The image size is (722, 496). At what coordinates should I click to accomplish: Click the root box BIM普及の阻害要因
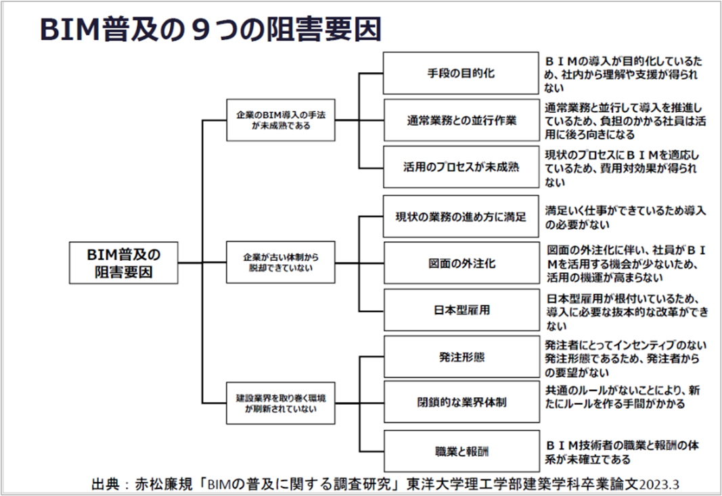pos(123,262)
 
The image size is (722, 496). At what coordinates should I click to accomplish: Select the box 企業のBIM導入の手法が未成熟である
pos(280,120)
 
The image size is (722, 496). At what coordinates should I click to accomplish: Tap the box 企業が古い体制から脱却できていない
pos(280,262)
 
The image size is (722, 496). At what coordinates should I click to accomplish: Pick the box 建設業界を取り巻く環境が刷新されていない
pos(280,403)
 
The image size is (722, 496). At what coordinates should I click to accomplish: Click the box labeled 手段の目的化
pos(461,73)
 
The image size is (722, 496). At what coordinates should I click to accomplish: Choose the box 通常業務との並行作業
pos(461,120)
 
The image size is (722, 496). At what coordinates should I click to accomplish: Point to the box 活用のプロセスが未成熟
pos(461,167)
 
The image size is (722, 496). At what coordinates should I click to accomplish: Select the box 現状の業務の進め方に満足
pos(461,216)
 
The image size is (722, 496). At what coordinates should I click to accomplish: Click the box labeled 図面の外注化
pos(461,263)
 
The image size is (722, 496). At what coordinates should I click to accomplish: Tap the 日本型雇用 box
pos(461,309)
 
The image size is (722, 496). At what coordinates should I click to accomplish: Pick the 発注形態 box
pos(461,357)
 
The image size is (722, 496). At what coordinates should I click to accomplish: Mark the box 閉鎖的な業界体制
pos(461,402)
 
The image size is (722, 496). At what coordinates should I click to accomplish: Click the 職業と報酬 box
pos(461,451)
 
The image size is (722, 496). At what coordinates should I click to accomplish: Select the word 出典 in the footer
pos(106,484)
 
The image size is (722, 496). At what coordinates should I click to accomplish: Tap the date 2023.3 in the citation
pos(659,485)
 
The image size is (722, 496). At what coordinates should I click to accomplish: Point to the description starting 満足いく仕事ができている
pos(625,218)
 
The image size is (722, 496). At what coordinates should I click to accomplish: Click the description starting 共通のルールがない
pos(623,397)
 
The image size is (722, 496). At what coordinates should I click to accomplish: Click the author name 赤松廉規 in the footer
pos(164,484)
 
